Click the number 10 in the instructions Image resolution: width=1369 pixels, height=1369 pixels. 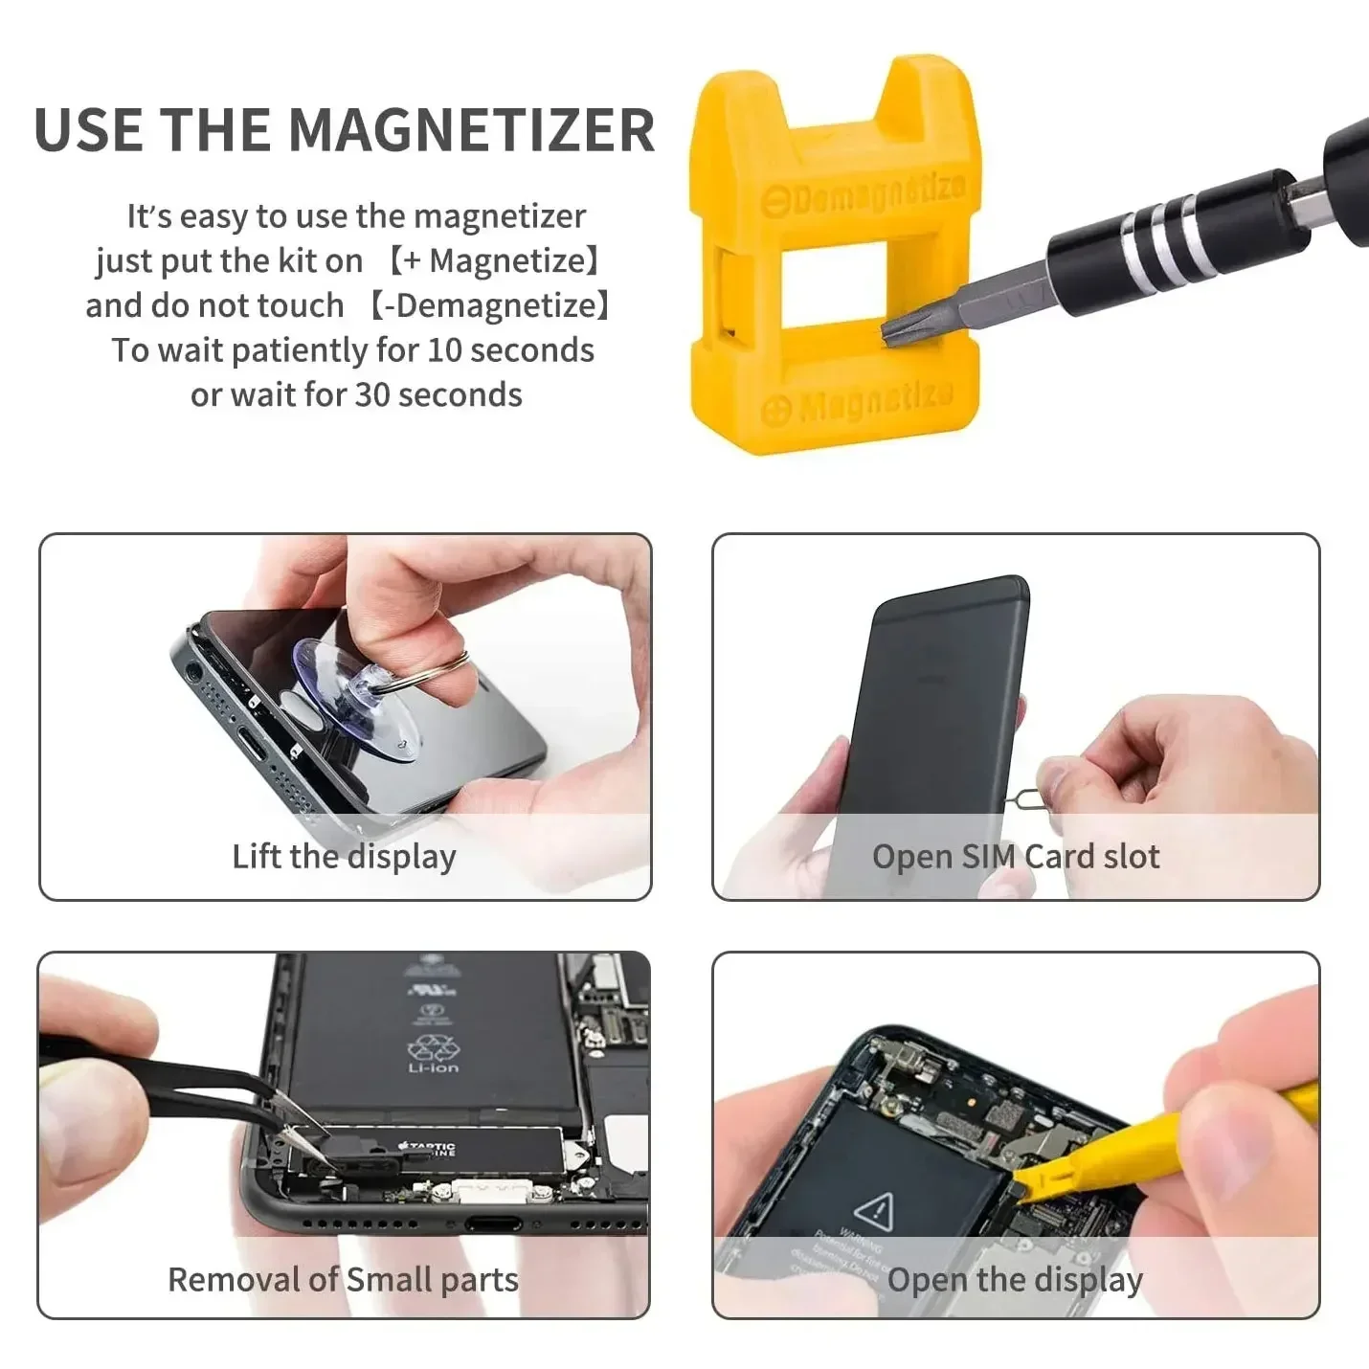tap(444, 350)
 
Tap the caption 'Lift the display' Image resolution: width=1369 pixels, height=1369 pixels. tap(344, 856)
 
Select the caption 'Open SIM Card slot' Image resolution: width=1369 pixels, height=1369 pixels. tap(1015, 856)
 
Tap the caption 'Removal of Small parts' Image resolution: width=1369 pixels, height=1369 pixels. tap(343, 1280)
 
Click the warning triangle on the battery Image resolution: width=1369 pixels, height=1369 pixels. tap(872, 1211)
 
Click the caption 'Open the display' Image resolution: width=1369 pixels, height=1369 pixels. tap(1015, 1280)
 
